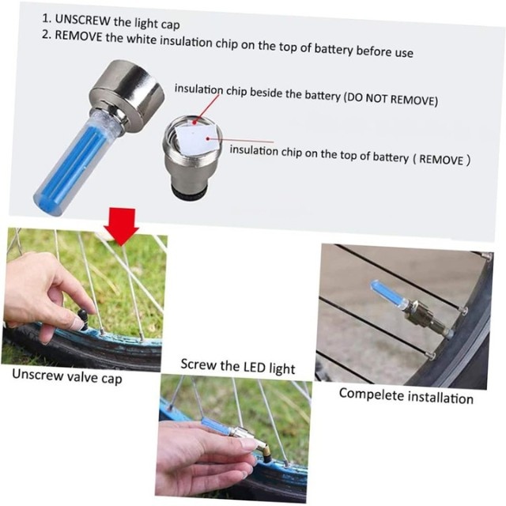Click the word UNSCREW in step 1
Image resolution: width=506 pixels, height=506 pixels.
[x=82, y=20]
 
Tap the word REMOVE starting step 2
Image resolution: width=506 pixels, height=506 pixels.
[x=78, y=36]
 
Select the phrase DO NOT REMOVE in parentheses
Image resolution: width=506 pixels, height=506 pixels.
[x=390, y=99]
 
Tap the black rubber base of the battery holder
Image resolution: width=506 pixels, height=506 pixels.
[x=185, y=194]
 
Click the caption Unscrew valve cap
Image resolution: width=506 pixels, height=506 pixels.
[x=67, y=376]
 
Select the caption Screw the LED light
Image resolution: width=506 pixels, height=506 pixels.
[x=238, y=366]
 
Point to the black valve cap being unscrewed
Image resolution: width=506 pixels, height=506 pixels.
[x=82, y=319]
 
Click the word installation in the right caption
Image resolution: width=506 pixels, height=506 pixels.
[x=440, y=397]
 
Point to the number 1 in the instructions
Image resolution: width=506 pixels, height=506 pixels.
[x=46, y=18]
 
